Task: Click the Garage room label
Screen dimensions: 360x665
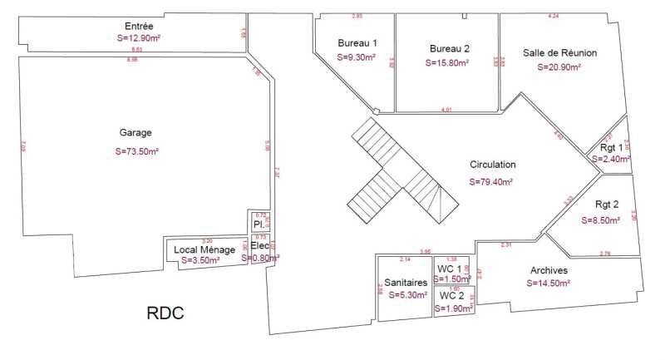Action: coord(135,132)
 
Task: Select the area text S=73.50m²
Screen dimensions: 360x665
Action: coord(136,151)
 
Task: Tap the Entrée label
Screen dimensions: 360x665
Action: coord(138,27)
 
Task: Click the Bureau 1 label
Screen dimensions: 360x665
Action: coord(357,43)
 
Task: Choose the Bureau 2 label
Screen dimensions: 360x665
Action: coord(450,48)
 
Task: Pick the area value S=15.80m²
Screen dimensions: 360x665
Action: coord(447,62)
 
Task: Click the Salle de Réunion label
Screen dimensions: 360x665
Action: coord(559,52)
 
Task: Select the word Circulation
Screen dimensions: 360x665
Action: coord(492,165)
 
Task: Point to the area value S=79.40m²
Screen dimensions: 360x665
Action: coord(490,181)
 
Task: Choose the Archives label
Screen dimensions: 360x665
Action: coord(549,271)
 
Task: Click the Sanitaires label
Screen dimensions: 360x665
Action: coord(406,283)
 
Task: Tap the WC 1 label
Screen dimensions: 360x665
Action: coord(450,269)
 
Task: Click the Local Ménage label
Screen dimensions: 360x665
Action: coord(204,249)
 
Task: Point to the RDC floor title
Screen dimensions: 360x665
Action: coord(165,313)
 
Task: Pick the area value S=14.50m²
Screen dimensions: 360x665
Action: coord(548,284)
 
